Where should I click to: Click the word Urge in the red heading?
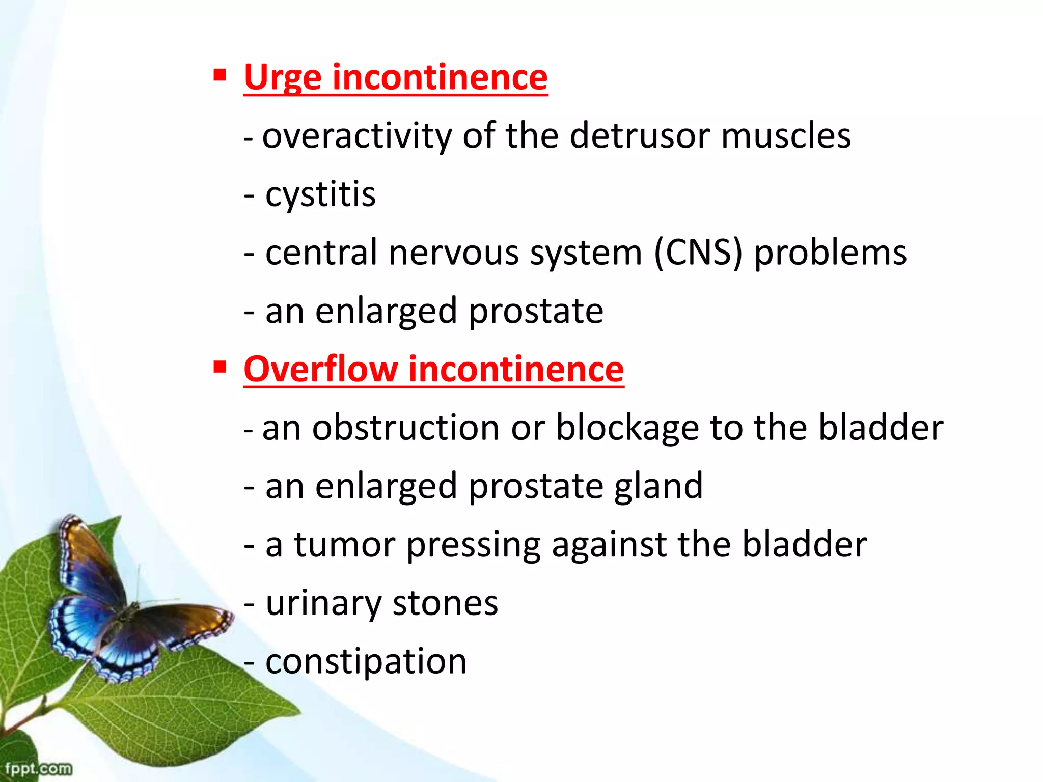pos(282,78)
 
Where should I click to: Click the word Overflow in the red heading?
pos(320,369)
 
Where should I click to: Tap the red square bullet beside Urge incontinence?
pos(219,76)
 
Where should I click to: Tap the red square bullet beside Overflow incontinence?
pos(219,367)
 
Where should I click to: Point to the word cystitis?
pos(320,195)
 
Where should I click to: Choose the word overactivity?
pos(356,136)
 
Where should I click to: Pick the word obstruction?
pos(405,428)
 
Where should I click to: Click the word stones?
pos(445,604)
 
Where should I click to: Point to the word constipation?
pos(366,662)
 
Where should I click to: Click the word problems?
pos(830,253)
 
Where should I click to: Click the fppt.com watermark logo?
pos(38,768)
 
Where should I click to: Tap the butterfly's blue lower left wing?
pos(81,626)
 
